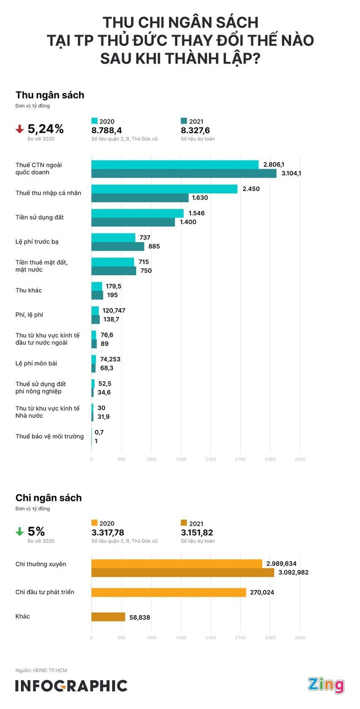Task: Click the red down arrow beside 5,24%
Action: click(19, 128)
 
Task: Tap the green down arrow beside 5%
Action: click(19, 532)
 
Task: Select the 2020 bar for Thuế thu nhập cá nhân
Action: click(164, 189)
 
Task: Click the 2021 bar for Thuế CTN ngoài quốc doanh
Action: click(184, 173)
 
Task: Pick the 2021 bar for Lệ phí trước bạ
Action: click(117, 246)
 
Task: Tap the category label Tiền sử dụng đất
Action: click(39, 217)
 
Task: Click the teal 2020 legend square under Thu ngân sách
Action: click(94, 121)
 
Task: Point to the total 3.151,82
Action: click(197, 533)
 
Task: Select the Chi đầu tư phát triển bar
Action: click(169, 592)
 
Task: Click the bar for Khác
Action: click(108, 617)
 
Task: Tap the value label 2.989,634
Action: click(281, 564)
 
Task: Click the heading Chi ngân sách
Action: click(48, 498)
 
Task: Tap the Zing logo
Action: click(326, 685)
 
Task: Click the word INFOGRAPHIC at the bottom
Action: click(71, 686)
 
